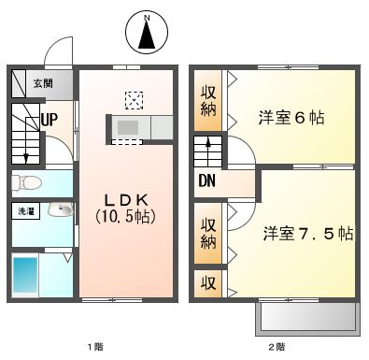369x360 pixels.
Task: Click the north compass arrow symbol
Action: [x=147, y=33]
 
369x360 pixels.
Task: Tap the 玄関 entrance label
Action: [x=43, y=83]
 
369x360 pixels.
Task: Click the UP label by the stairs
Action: [x=50, y=120]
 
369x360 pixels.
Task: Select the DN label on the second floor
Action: [x=207, y=180]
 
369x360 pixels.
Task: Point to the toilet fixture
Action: [x=26, y=182]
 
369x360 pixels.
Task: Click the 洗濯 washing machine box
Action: [x=26, y=211]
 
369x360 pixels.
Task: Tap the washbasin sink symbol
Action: [x=61, y=209]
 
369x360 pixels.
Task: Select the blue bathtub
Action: [x=25, y=275]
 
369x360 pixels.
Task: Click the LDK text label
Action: [x=126, y=200]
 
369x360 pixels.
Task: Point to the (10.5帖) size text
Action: [x=125, y=216]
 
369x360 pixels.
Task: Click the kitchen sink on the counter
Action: [x=128, y=127]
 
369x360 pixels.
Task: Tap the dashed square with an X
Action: [x=134, y=100]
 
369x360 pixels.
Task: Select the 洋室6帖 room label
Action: [x=291, y=118]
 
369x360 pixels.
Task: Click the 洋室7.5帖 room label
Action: [x=308, y=234]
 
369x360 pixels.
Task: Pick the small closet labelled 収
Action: [x=207, y=283]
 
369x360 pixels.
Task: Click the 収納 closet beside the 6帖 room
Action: [x=207, y=100]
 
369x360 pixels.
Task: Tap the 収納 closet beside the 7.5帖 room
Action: [x=207, y=233]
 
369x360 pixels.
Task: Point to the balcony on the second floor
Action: [x=308, y=319]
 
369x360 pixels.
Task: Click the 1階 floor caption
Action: [x=95, y=346]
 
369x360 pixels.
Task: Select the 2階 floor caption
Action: [x=277, y=346]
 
